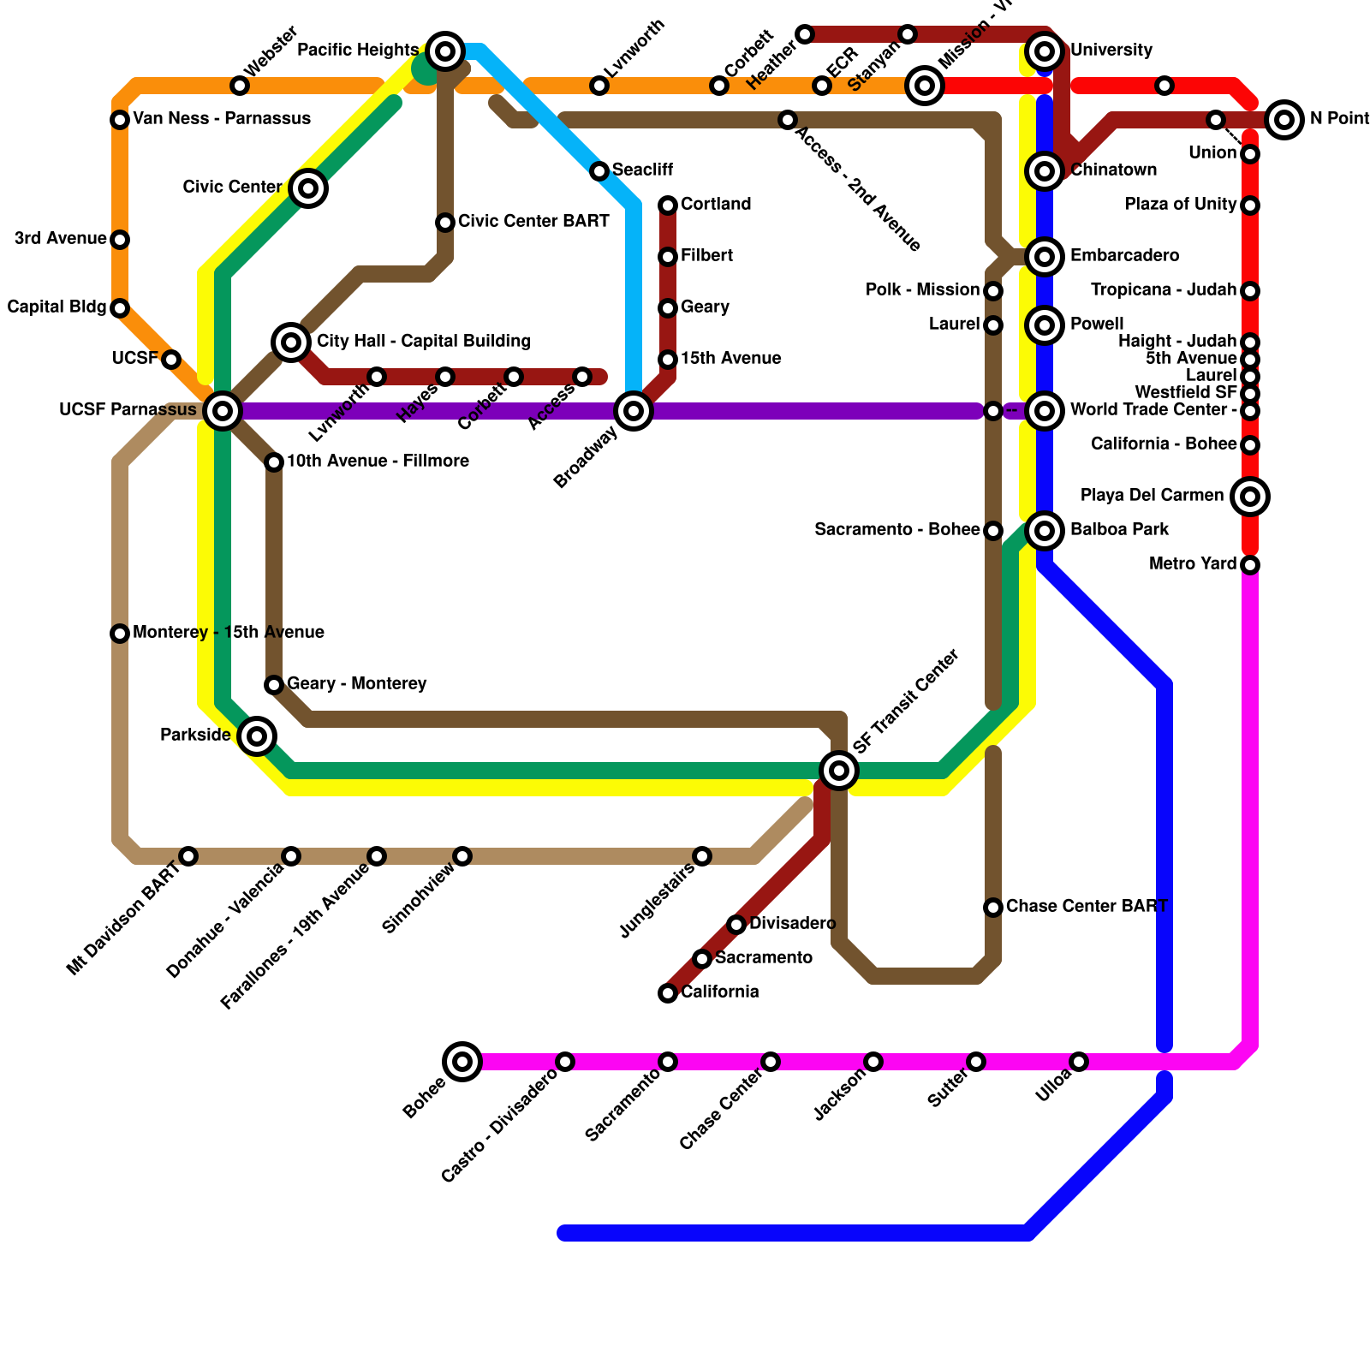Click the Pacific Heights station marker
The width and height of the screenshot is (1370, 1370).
444,51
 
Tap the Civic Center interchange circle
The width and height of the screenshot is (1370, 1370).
308,188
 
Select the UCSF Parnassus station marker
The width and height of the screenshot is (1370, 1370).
223,411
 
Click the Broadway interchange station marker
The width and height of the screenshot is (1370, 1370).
634,411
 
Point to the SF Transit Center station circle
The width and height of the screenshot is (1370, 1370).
839,771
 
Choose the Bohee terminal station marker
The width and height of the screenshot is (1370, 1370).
462,1062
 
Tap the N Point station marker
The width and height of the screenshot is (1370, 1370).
1284,120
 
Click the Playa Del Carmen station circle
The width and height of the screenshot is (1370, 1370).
1250,497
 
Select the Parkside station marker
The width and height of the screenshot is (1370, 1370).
257,736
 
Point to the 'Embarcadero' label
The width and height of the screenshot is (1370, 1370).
1124,256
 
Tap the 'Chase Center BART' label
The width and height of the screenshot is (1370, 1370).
1087,906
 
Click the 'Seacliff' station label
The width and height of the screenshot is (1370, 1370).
642,170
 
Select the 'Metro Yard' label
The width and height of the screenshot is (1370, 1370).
1193,564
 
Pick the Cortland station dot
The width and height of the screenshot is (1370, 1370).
668,205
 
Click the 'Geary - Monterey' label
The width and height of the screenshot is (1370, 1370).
356,684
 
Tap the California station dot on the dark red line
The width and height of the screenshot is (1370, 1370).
668,993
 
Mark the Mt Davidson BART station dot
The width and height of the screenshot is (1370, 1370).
188,856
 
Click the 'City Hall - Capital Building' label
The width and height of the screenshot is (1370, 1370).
423,342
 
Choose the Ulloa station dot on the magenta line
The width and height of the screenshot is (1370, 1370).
1079,1062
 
